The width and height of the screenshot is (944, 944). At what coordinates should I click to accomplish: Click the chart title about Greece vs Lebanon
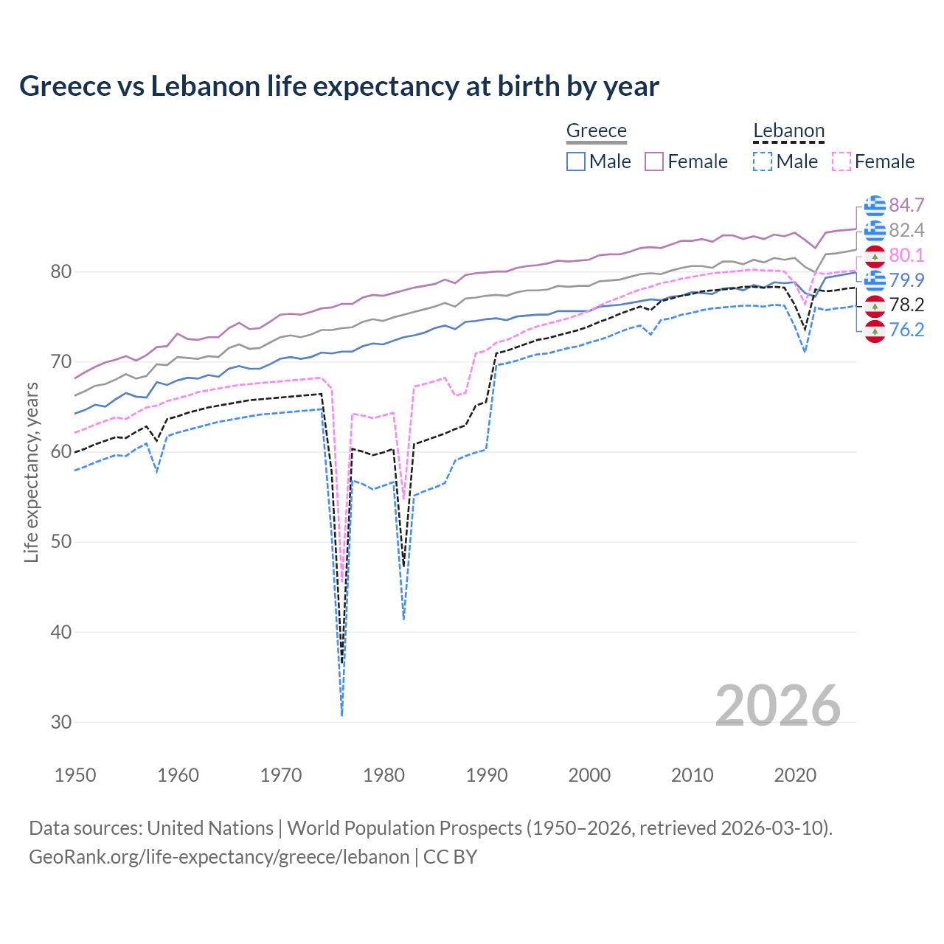coord(339,86)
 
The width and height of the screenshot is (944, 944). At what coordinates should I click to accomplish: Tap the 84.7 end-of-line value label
coord(906,205)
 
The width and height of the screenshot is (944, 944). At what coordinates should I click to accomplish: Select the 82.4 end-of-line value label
coord(906,230)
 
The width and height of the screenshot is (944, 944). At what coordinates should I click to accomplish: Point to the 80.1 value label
coord(906,255)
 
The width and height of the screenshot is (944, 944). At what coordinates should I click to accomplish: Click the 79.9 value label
coord(906,280)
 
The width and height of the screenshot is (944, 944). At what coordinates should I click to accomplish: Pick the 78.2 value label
coord(906,305)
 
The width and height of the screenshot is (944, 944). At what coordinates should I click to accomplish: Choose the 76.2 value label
coord(906,330)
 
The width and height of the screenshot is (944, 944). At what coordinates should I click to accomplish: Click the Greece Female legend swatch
coord(654,162)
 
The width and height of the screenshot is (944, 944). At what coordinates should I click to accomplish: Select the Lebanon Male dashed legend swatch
coord(763,162)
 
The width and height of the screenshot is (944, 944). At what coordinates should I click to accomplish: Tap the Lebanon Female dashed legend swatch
coord(841,162)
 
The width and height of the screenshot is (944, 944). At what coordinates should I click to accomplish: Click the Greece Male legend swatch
coord(576,162)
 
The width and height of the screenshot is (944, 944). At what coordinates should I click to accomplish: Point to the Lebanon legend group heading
coord(788,131)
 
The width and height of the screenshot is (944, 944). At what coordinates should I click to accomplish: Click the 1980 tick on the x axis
coord(384,775)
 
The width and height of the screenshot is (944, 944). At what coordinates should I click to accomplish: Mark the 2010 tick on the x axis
coord(692,775)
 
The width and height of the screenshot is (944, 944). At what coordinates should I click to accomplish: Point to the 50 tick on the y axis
coord(61,542)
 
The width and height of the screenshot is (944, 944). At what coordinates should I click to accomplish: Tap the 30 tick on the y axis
coord(61,722)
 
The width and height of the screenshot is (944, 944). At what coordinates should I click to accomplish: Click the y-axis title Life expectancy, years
coord(32,473)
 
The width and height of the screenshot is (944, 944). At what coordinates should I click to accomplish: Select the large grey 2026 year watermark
coord(778,706)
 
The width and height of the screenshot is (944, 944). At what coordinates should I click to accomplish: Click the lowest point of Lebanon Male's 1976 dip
coord(341,715)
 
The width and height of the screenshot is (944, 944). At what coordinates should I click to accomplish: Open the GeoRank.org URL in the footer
coord(219,857)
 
